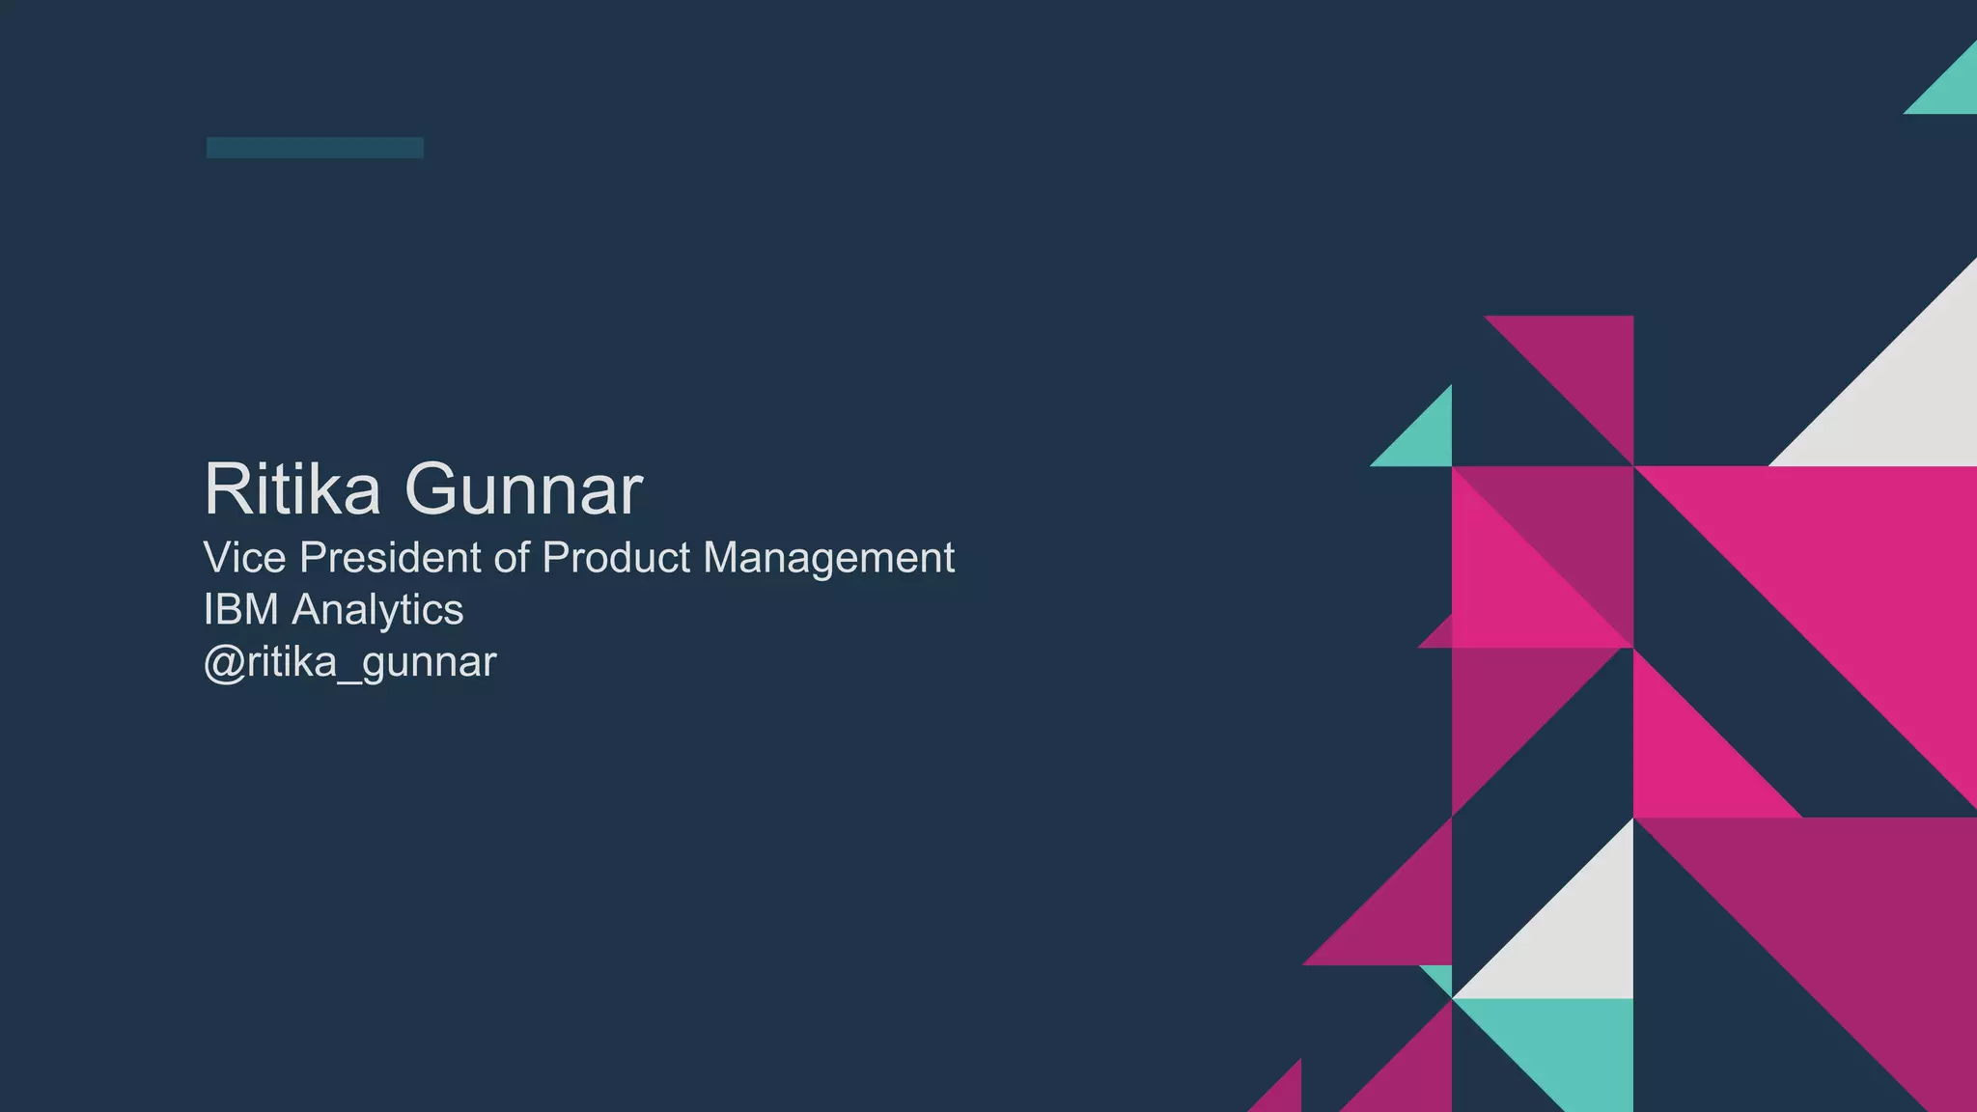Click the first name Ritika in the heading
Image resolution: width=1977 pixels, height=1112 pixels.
point(292,489)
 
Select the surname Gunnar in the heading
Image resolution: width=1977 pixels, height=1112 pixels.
point(523,489)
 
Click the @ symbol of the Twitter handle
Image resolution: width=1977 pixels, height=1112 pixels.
point(224,663)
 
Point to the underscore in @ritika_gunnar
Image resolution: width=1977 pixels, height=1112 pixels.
point(349,680)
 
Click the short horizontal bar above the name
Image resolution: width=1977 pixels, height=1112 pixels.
point(315,148)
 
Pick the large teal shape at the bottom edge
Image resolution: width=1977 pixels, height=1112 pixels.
point(1573,1042)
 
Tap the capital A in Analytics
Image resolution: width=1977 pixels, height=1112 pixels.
point(310,610)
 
